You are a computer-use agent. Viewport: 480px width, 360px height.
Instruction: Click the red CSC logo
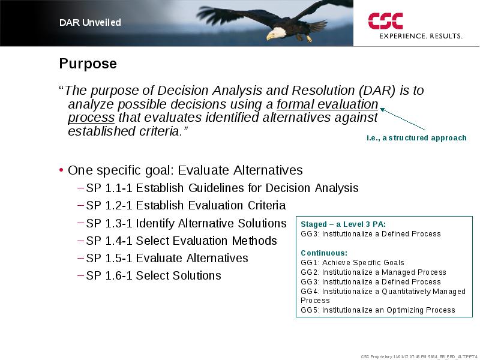[x=385, y=21]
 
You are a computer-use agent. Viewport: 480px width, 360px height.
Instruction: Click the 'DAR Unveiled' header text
[x=90, y=22]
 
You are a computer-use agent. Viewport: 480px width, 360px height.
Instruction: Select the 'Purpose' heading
[x=88, y=64]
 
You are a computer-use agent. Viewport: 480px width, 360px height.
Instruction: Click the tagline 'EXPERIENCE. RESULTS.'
[x=421, y=36]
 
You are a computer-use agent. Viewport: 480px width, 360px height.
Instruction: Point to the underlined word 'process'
[x=91, y=118]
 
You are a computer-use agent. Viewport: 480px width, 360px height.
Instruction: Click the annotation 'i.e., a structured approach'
[x=416, y=138]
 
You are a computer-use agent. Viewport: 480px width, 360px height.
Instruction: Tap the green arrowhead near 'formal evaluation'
[x=382, y=110]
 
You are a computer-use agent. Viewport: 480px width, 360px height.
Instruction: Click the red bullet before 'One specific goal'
[x=61, y=170]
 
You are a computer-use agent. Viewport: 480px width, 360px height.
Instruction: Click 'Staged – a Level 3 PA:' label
[x=343, y=224]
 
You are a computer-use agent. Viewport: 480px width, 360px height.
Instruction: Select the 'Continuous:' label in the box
[x=324, y=253]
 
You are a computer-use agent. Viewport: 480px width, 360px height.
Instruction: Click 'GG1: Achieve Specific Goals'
[x=352, y=263]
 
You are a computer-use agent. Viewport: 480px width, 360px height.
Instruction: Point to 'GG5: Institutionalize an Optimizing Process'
[x=378, y=310]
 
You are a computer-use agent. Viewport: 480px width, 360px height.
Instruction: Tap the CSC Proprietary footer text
[x=419, y=356]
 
